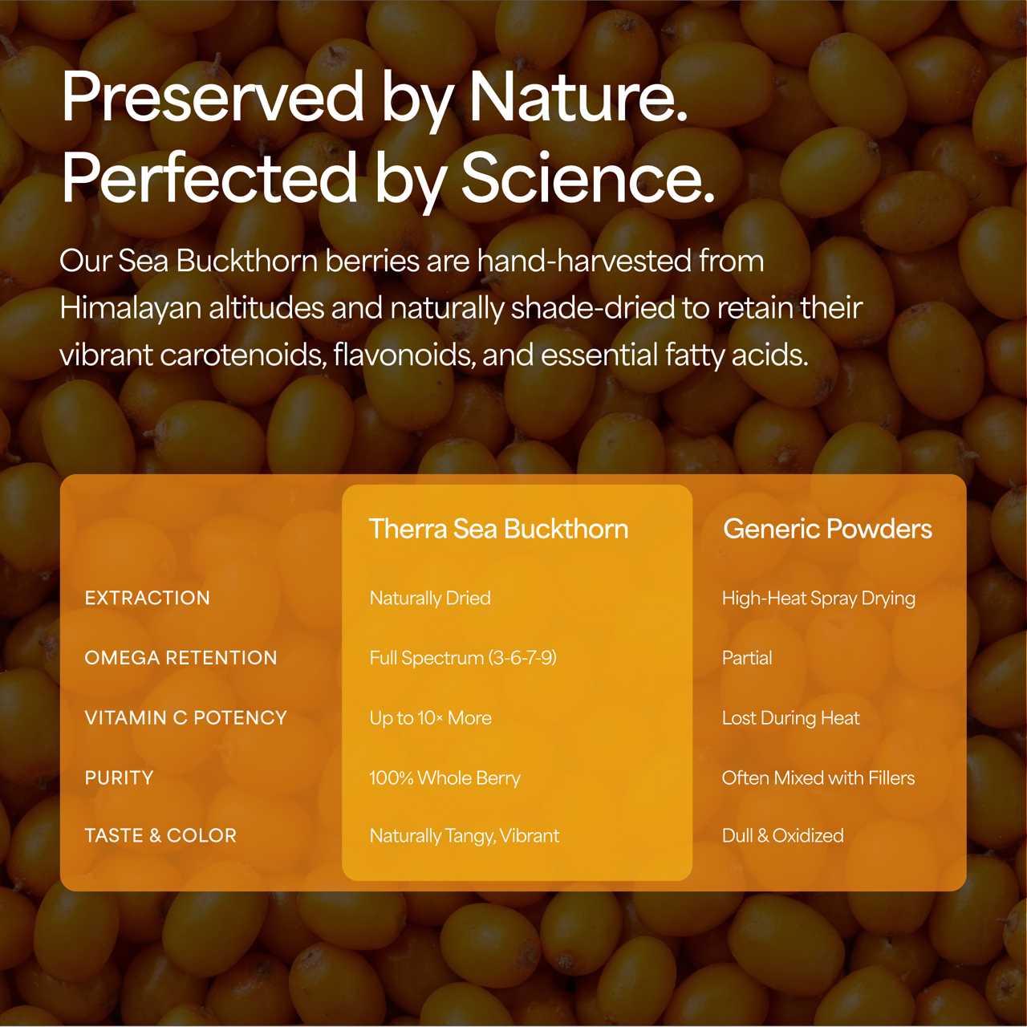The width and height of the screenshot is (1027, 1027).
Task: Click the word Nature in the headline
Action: point(578,98)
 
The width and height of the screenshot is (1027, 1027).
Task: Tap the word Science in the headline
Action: point(587,178)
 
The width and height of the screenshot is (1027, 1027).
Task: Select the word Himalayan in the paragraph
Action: point(130,308)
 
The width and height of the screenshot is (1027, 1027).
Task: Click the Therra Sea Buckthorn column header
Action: point(498,529)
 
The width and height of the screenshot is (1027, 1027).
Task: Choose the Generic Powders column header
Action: point(827,529)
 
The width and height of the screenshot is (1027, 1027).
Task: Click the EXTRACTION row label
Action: point(148,598)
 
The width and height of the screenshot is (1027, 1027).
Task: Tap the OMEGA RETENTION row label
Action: point(181,658)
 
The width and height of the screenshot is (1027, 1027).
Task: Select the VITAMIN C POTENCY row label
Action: point(185,718)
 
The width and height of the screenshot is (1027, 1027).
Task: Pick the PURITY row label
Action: point(119,777)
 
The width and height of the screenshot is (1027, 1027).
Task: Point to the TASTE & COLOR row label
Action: point(160,835)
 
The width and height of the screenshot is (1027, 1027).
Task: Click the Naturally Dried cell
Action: point(430,598)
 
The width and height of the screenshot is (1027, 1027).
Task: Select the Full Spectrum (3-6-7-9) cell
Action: point(463,658)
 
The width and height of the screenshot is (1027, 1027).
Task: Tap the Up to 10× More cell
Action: point(430,718)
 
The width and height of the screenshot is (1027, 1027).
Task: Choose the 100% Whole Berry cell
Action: point(444,777)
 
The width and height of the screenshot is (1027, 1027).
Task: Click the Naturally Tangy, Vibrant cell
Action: point(465,836)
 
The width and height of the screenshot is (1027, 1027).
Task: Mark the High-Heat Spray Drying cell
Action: point(818,598)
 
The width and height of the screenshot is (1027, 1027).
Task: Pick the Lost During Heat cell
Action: point(790,718)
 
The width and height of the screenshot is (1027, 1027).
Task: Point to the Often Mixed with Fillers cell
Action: point(818,777)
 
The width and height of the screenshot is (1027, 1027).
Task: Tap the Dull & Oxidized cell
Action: point(782,835)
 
